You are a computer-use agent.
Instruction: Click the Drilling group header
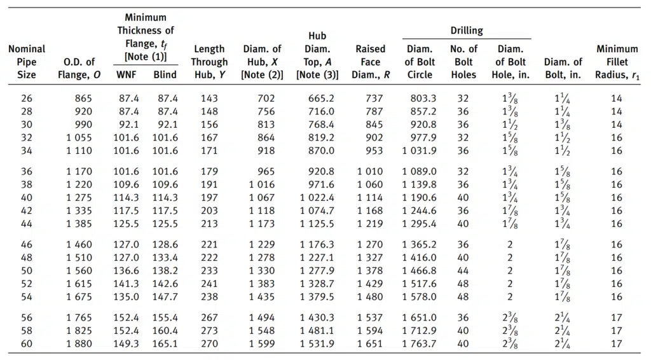pos(467,31)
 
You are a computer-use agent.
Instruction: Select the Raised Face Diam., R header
pos(371,62)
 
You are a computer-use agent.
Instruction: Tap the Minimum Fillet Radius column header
pos(617,62)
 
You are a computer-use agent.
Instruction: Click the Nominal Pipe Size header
pos(27,62)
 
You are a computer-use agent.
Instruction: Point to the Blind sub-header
pos(165,75)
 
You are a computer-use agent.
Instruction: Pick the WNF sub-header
pos(126,75)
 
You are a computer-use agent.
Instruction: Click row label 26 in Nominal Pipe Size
pos(27,99)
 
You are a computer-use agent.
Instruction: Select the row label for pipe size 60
pos(27,344)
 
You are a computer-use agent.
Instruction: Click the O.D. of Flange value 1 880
pos(79,344)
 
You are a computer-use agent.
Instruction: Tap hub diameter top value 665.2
pos(321,99)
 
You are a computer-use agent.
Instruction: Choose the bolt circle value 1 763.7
pos(420,344)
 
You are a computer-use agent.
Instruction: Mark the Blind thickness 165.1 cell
pos(165,344)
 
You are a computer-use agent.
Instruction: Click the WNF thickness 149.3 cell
pos(127,344)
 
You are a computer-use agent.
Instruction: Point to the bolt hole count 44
pos(463,271)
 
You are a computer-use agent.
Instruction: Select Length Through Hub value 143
pos(209,99)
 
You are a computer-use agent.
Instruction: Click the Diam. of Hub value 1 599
pos(262,344)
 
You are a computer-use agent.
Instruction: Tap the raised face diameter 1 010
pos(370,172)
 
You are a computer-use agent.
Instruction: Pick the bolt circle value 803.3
pos(423,99)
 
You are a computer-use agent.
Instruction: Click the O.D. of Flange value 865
pos(83,99)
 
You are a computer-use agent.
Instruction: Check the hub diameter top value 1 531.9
pos(317,344)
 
